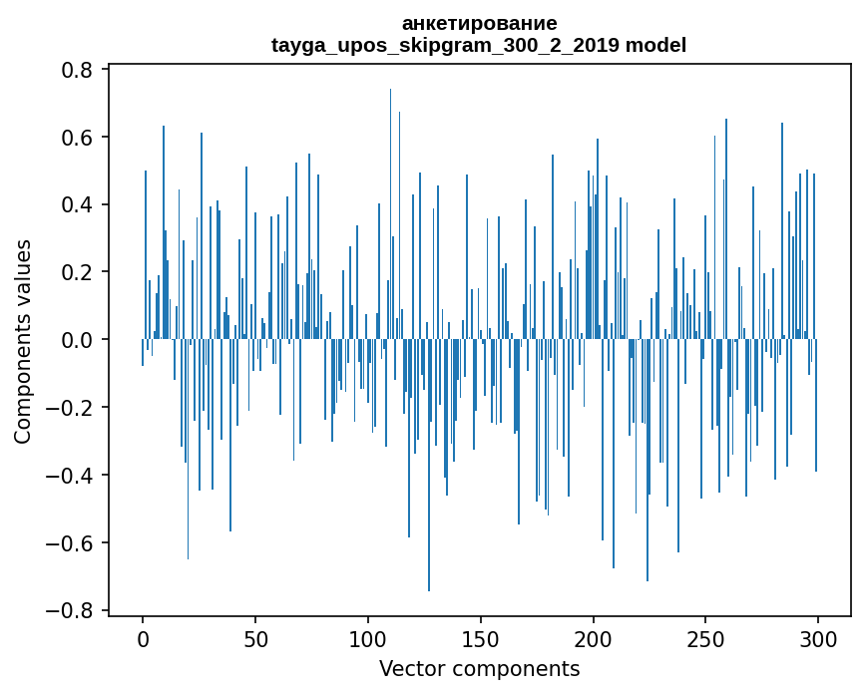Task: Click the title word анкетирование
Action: point(479,23)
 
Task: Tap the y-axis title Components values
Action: point(23,340)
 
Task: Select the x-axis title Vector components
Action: point(479,669)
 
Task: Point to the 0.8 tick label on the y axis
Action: point(78,70)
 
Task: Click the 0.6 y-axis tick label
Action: point(78,138)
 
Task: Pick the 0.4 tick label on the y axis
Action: point(78,205)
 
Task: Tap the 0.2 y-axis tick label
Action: point(78,272)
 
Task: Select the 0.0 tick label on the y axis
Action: point(78,340)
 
